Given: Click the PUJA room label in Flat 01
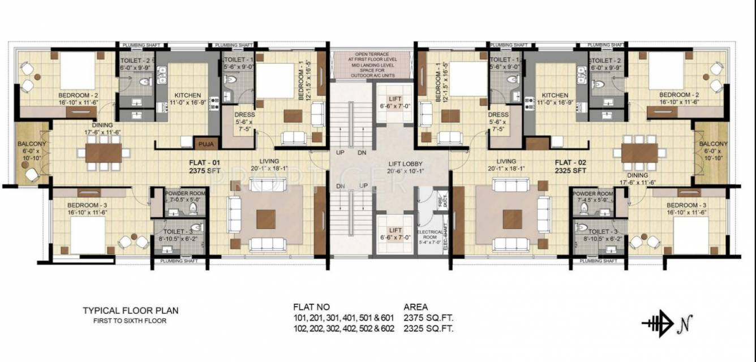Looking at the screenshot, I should pos(204,144).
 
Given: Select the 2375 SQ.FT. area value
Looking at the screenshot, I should pos(428,318).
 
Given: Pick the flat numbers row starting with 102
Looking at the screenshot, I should pos(343,328).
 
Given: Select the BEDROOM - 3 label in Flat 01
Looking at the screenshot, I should pos(87,209).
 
